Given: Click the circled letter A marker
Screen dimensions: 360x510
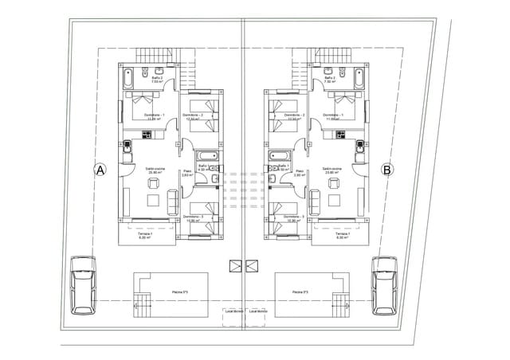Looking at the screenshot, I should point(100,169).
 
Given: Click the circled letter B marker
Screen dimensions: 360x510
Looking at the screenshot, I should point(387,169).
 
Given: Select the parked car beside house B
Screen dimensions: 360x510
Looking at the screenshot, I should point(386,285).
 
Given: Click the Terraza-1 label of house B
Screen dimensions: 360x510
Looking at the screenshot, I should point(343,234).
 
